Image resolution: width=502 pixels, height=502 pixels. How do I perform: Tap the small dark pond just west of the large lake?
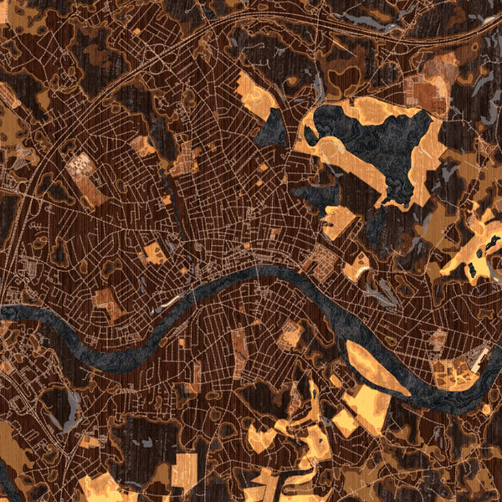(x=271, y=128)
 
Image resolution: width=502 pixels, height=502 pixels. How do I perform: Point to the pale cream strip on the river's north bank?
(x=171, y=299)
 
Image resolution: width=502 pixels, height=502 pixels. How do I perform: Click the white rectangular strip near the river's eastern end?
(x=479, y=360)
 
